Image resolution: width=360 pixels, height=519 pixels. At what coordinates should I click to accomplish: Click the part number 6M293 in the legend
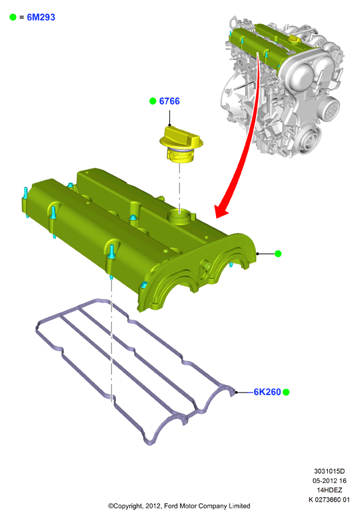coord(41,17)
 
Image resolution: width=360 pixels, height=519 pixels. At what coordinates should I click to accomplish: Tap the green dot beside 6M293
coord(13,17)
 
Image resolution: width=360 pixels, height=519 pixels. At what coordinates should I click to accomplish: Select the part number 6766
coord(169,101)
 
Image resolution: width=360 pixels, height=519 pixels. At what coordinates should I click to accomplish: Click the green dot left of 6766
coord(153,101)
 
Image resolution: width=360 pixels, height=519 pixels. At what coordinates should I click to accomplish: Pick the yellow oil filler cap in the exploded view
coord(181,144)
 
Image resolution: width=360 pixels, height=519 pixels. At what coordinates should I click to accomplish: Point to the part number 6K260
coord(267,392)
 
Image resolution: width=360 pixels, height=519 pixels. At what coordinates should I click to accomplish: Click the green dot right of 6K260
coord(286,392)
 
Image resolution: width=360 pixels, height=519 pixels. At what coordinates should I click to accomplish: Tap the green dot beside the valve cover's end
coord(278,254)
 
